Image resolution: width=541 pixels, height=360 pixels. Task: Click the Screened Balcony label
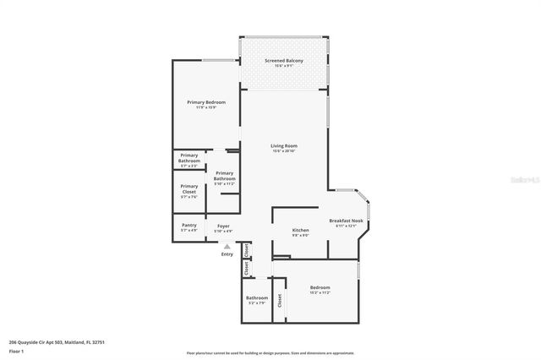coord(283,61)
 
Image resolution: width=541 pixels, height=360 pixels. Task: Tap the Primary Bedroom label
coord(206,102)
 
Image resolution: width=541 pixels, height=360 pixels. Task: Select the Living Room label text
coord(284,145)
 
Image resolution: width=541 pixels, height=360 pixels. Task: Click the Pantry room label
coord(189,225)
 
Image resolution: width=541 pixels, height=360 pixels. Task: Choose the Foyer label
coord(223,226)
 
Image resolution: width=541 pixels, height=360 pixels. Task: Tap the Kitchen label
coord(300,230)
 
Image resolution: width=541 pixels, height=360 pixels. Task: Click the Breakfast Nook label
coord(346,221)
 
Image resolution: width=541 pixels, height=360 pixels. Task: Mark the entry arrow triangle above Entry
coord(227,246)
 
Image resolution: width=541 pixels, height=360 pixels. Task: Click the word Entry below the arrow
coord(227,254)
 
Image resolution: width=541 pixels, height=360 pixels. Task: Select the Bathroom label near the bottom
coord(257,297)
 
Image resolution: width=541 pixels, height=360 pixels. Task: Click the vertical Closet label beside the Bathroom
coord(279,298)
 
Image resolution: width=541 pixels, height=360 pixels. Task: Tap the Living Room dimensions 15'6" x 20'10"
coord(284,151)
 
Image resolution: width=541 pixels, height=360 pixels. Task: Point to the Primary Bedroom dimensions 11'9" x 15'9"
coord(206,108)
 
